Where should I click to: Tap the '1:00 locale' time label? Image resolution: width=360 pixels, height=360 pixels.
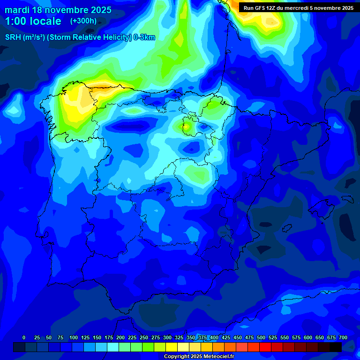tap(33, 21)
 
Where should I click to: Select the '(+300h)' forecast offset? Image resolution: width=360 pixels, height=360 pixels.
tap(83, 21)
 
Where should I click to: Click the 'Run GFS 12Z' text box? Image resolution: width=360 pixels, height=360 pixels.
tap(299, 7)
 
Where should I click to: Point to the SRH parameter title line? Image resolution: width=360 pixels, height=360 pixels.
tap(80, 37)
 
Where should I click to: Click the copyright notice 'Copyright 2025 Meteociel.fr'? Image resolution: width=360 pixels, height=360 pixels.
tap(198, 357)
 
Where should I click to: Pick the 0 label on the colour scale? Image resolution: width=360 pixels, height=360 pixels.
tap(24, 337)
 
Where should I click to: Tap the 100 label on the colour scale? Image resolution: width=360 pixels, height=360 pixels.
tap(74, 337)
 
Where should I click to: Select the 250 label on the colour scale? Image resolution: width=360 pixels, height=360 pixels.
tap(144, 337)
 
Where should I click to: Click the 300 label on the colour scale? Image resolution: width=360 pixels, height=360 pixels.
tap(167, 337)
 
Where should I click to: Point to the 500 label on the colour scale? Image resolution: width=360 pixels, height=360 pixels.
tap(261, 337)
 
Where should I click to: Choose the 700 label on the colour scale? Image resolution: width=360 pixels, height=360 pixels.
tap(343, 337)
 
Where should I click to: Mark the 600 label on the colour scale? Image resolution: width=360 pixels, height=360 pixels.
tap(308, 337)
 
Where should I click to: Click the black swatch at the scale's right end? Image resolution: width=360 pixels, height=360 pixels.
tap(336, 347)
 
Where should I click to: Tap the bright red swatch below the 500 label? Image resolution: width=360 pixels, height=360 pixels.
tap(265, 347)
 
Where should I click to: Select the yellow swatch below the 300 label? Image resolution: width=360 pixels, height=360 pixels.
tap(172, 347)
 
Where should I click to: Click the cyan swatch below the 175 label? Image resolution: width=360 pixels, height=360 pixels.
tap(113, 347)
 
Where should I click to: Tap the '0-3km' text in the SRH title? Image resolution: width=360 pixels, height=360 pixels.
tap(144, 37)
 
